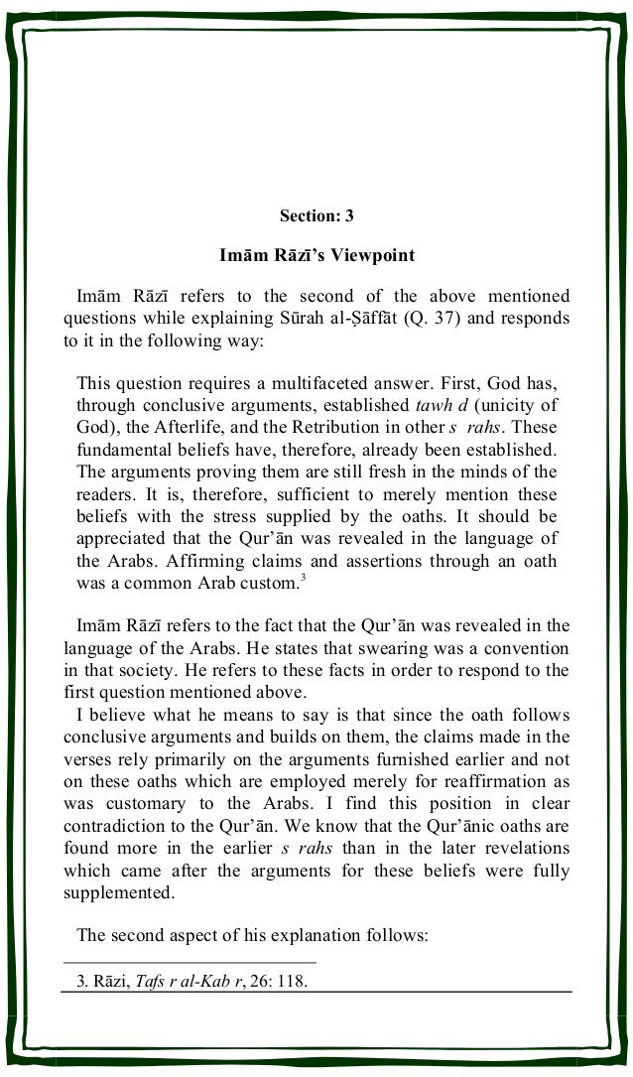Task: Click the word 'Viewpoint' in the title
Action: tap(370, 255)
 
